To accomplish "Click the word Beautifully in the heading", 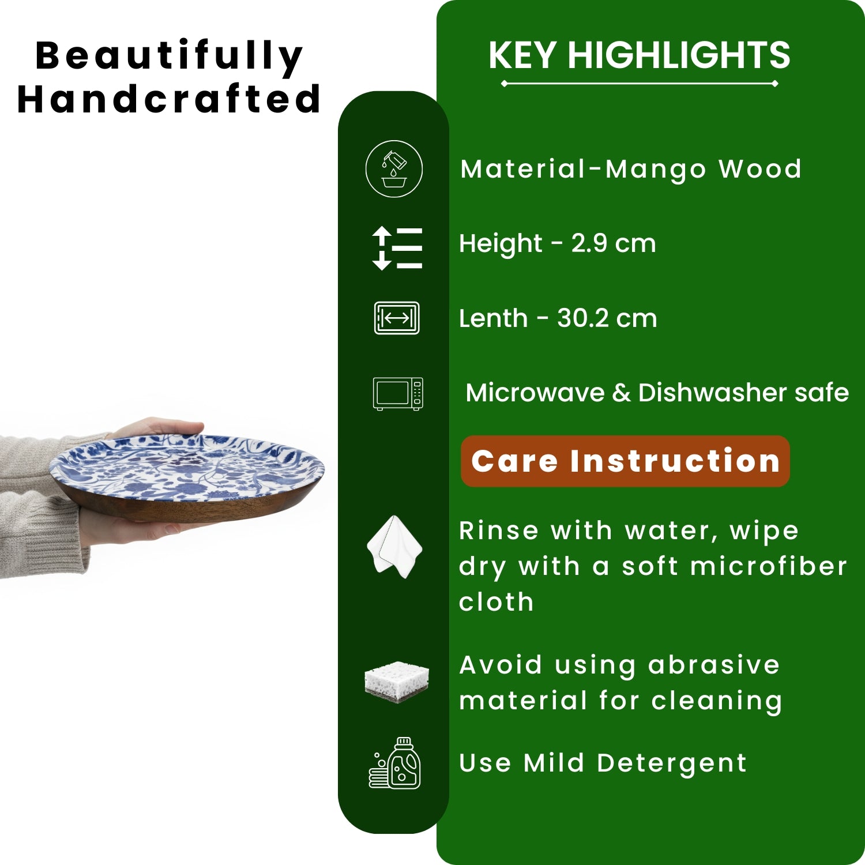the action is (169, 57).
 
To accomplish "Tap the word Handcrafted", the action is (169, 99).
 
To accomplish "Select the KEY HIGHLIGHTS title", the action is (639, 55).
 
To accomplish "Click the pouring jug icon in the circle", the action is (394, 169).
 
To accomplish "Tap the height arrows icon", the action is (397, 248).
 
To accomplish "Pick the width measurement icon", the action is (397, 318).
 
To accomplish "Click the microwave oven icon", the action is (398, 393).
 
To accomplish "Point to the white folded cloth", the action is (395, 547).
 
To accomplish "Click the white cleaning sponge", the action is (397, 682).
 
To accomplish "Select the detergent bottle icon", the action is (395, 762).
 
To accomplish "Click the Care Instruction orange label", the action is (625, 461).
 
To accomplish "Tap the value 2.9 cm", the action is (614, 243).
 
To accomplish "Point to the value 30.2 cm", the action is (607, 318).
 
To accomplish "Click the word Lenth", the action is (493, 318).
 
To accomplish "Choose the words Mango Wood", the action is (704, 170).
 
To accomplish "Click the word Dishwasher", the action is (713, 393).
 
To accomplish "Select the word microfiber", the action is (769, 566).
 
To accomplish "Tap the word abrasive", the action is (714, 665).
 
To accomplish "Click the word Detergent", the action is (672, 764).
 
